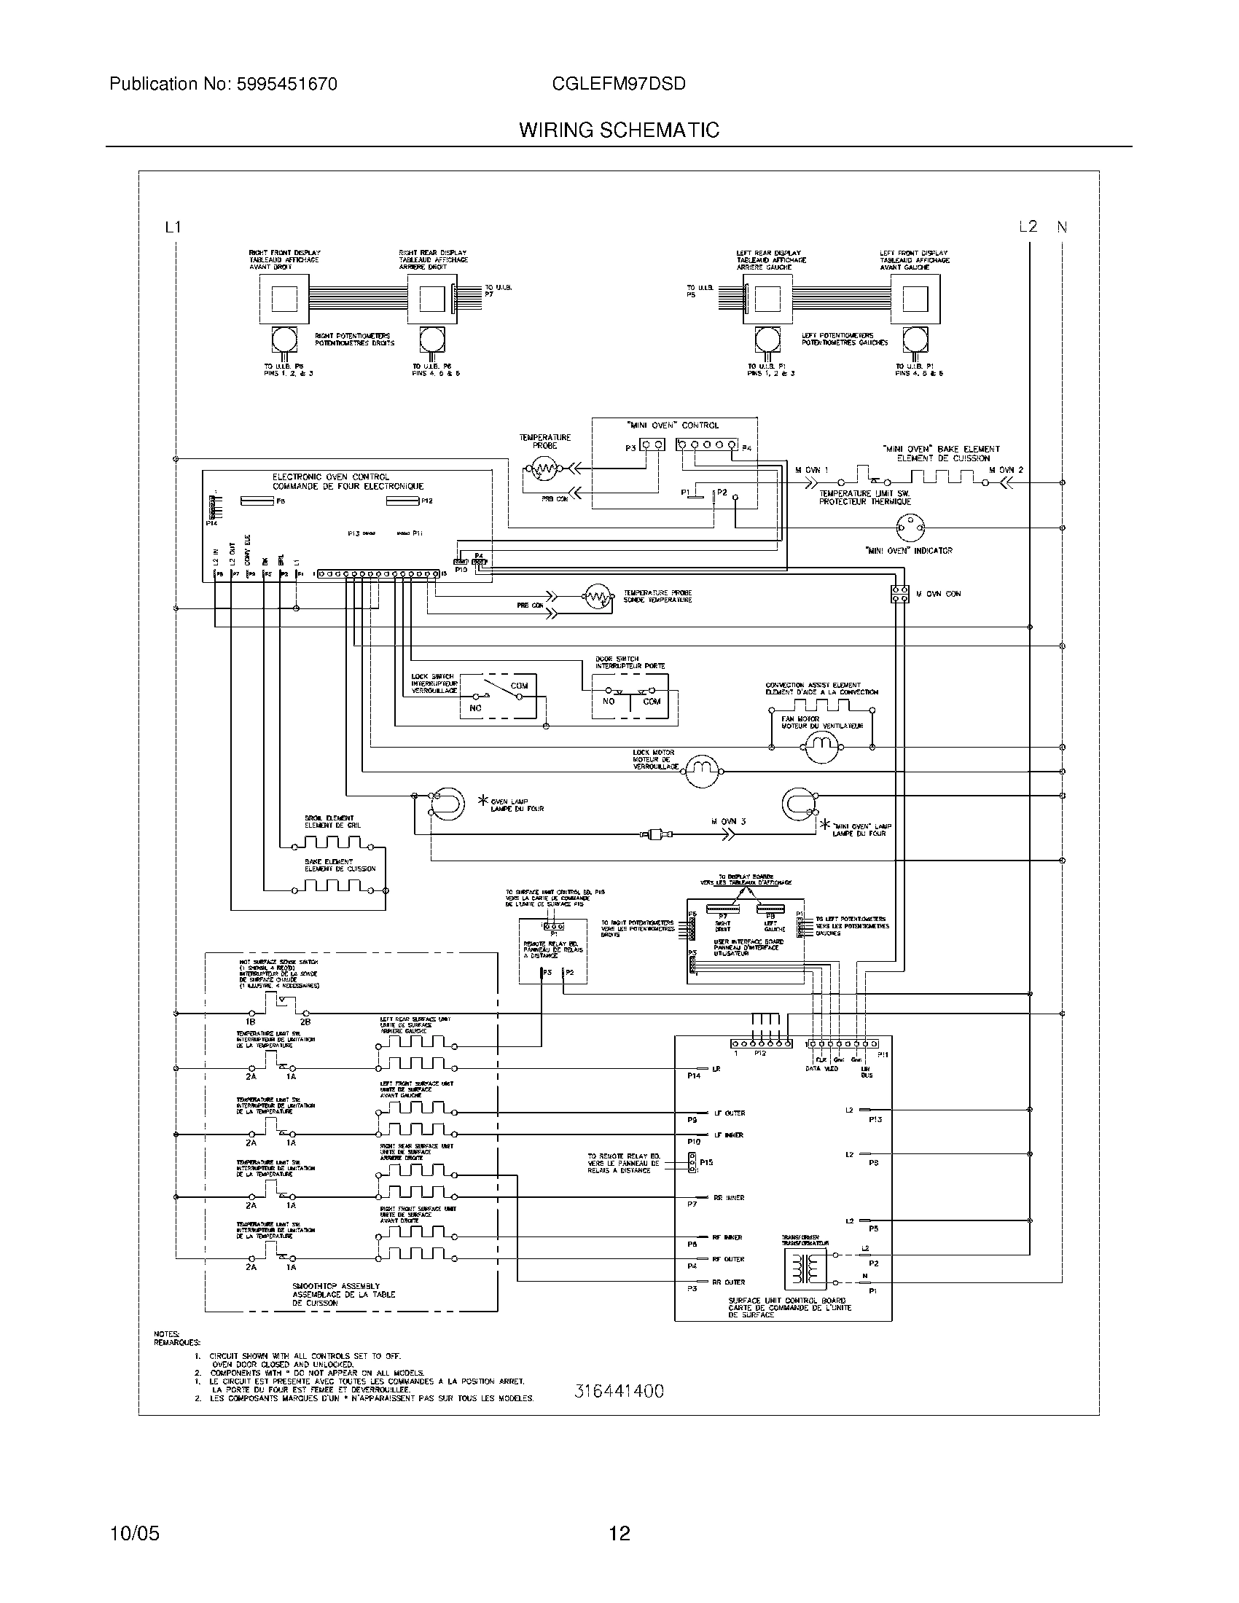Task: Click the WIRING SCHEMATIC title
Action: pos(619,130)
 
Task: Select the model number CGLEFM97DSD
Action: pos(618,84)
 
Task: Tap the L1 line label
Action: pos(173,227)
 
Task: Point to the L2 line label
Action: pos(1028,227)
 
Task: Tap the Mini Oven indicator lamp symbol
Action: pos(910,527)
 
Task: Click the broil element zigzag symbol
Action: pos(337,842)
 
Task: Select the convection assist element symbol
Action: pos(821,706)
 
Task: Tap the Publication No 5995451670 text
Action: pos(223,84)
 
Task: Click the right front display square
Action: pos(284,299)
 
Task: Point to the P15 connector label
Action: pos(706,1163)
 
